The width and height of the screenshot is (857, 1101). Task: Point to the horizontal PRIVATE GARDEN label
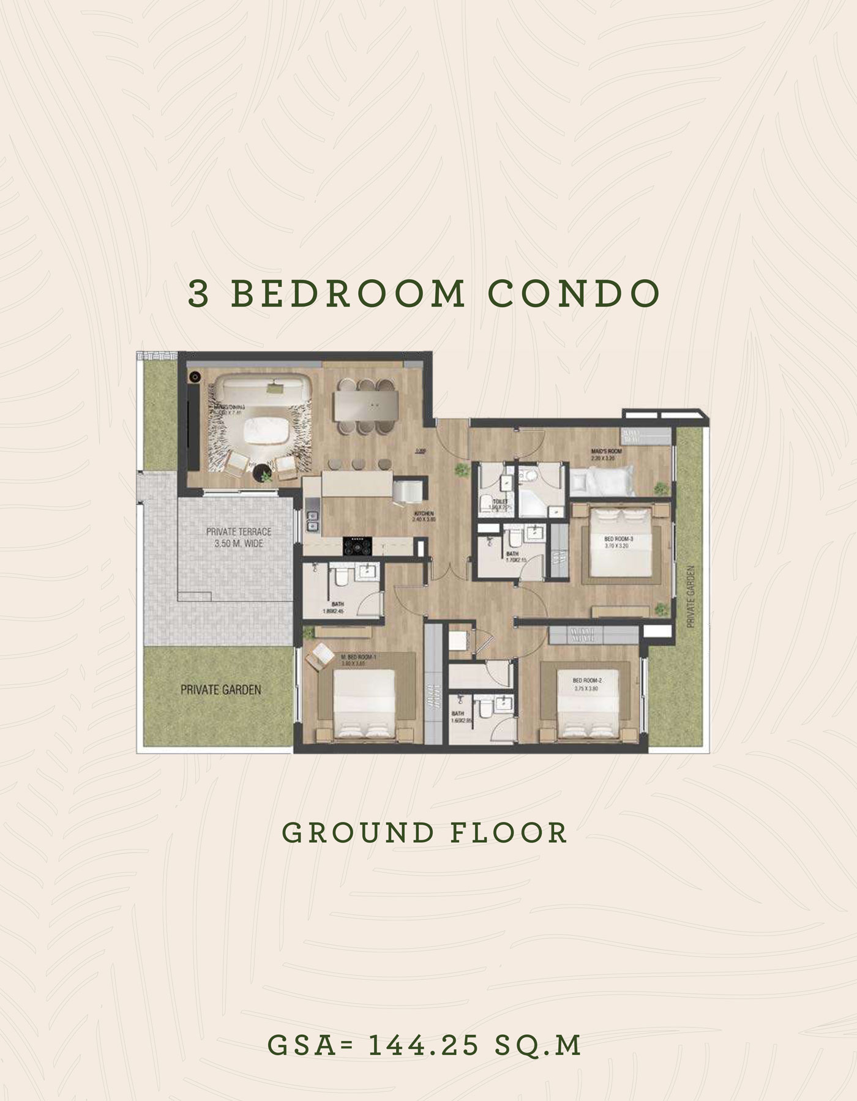tap(220, 690)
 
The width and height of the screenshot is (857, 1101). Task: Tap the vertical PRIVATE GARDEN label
tap(690, 596)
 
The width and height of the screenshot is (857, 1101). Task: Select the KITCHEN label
tap(424, 514)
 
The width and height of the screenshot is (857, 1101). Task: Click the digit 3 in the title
tap(198, 294)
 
